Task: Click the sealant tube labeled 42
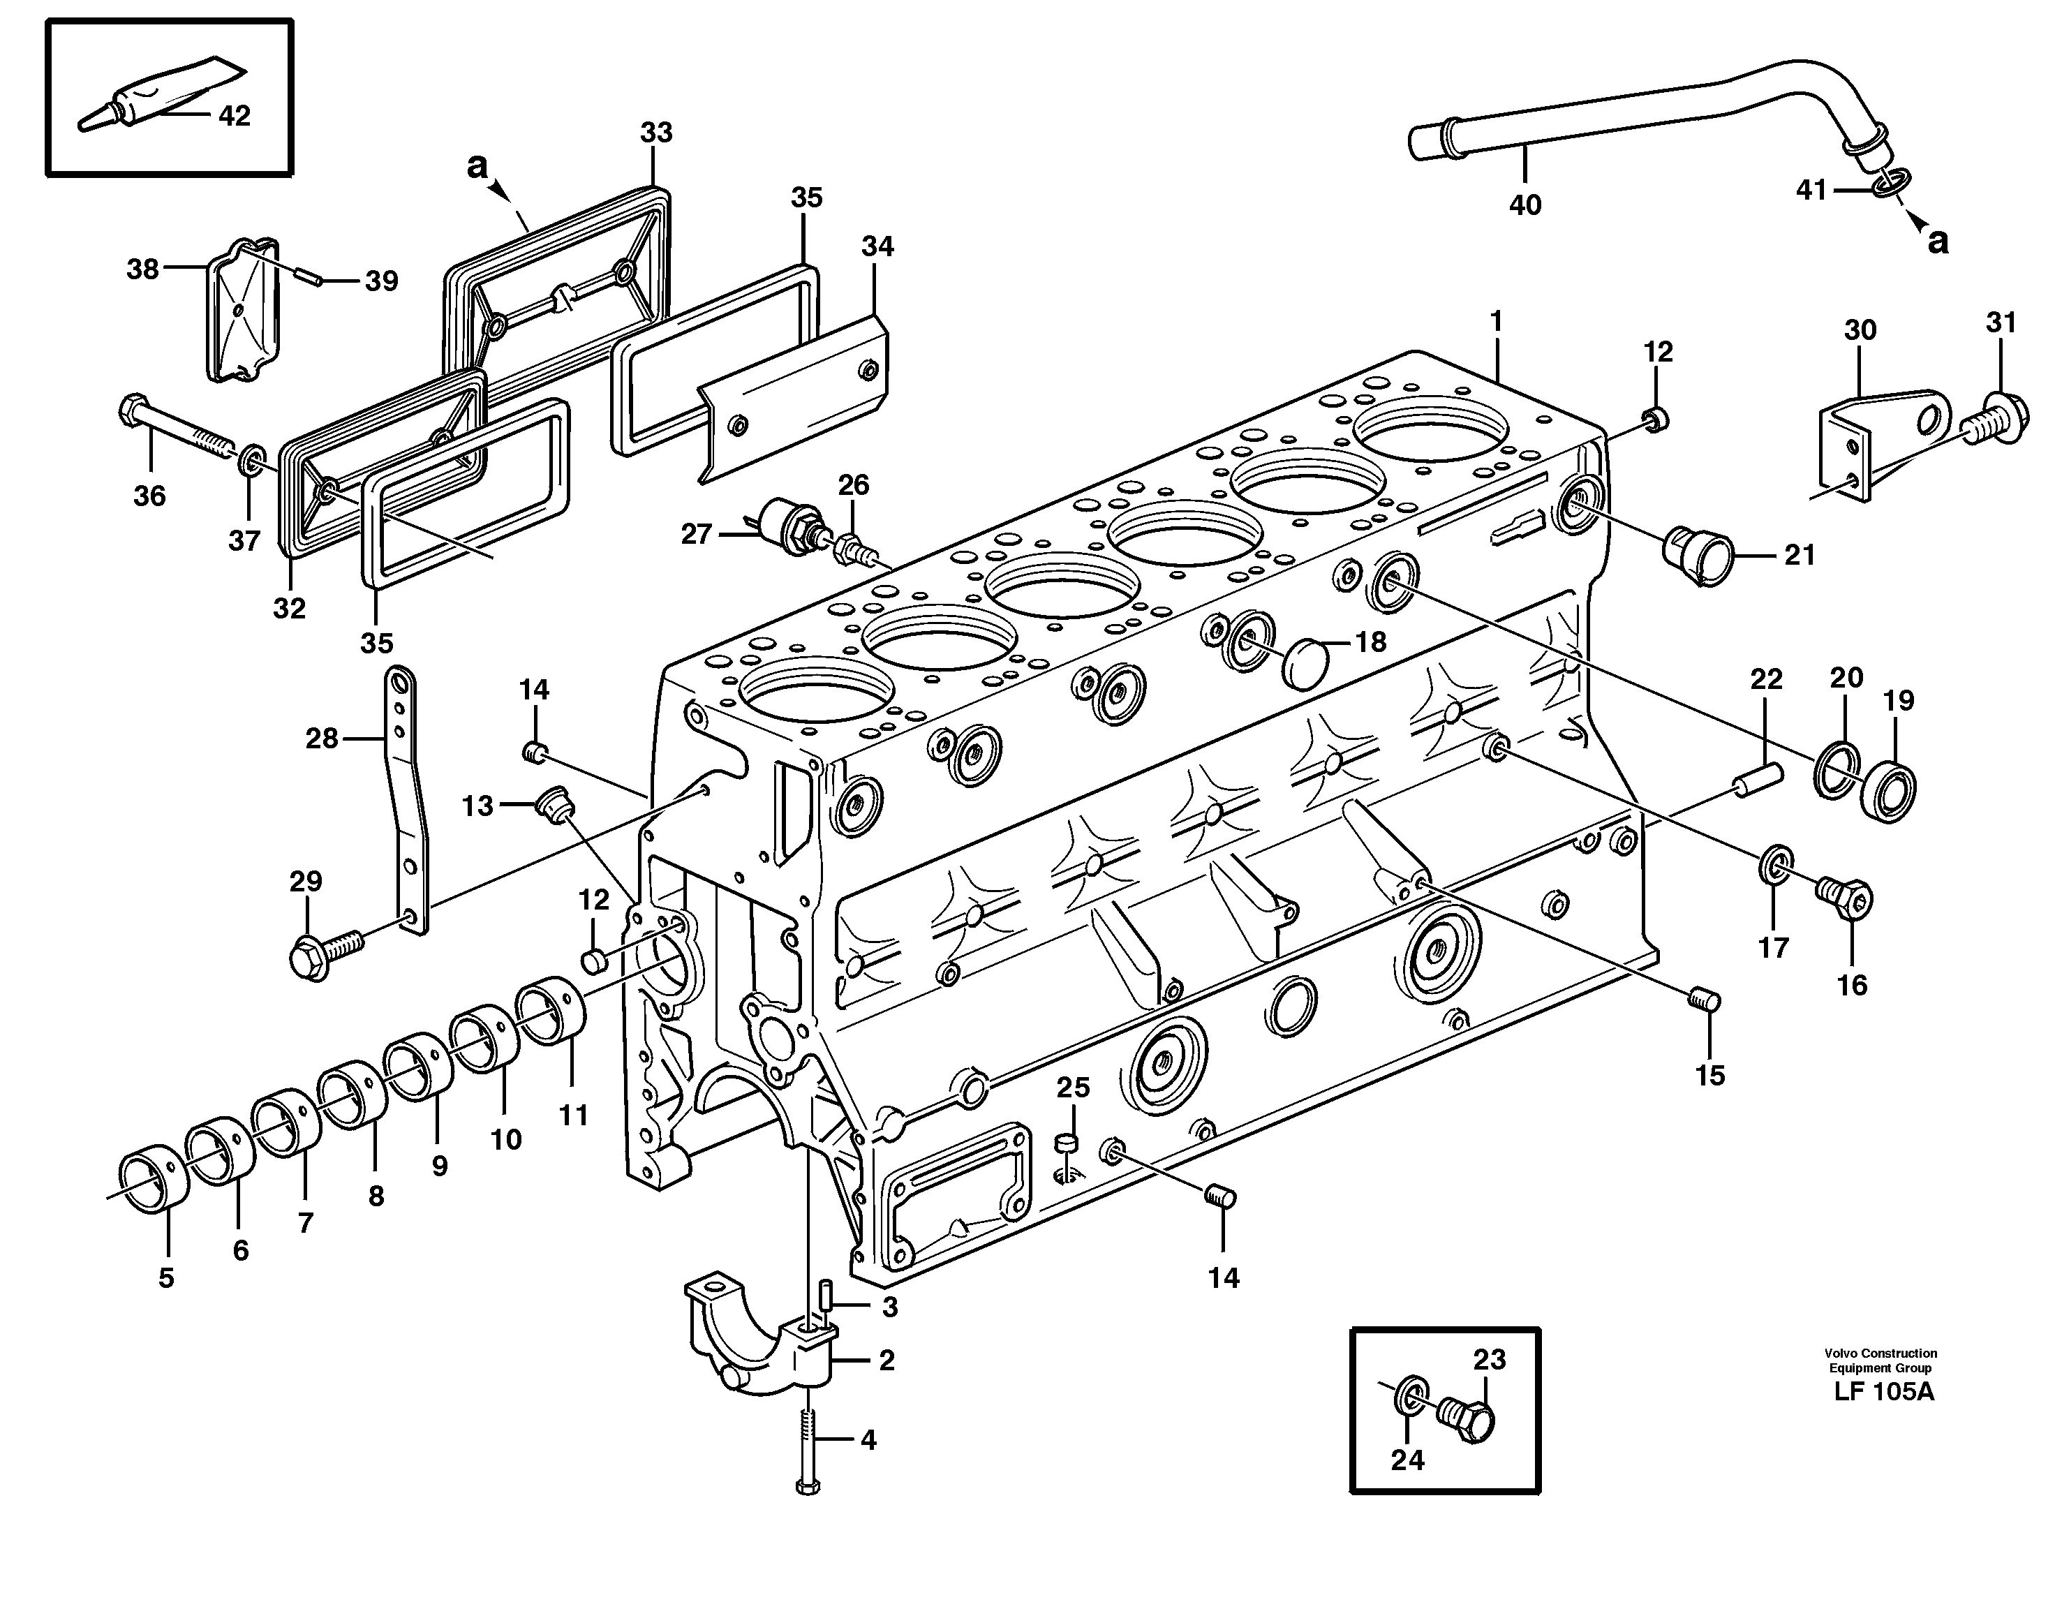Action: coord(160,94)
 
